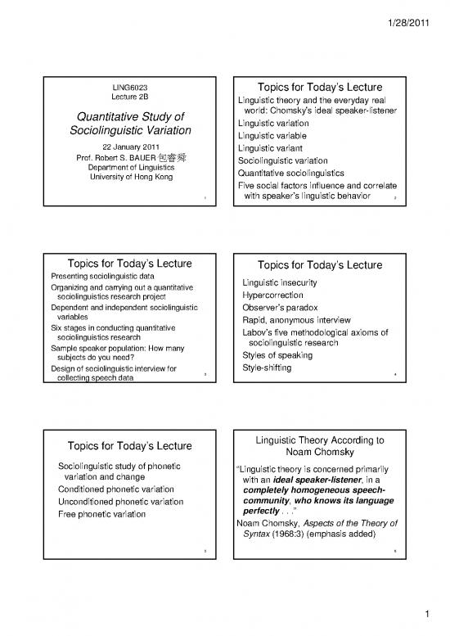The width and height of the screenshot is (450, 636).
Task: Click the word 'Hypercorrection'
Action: coord(273,295)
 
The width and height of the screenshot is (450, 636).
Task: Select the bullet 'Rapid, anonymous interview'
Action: coord(297,320)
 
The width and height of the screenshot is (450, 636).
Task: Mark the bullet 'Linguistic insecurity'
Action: coord(282,283)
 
